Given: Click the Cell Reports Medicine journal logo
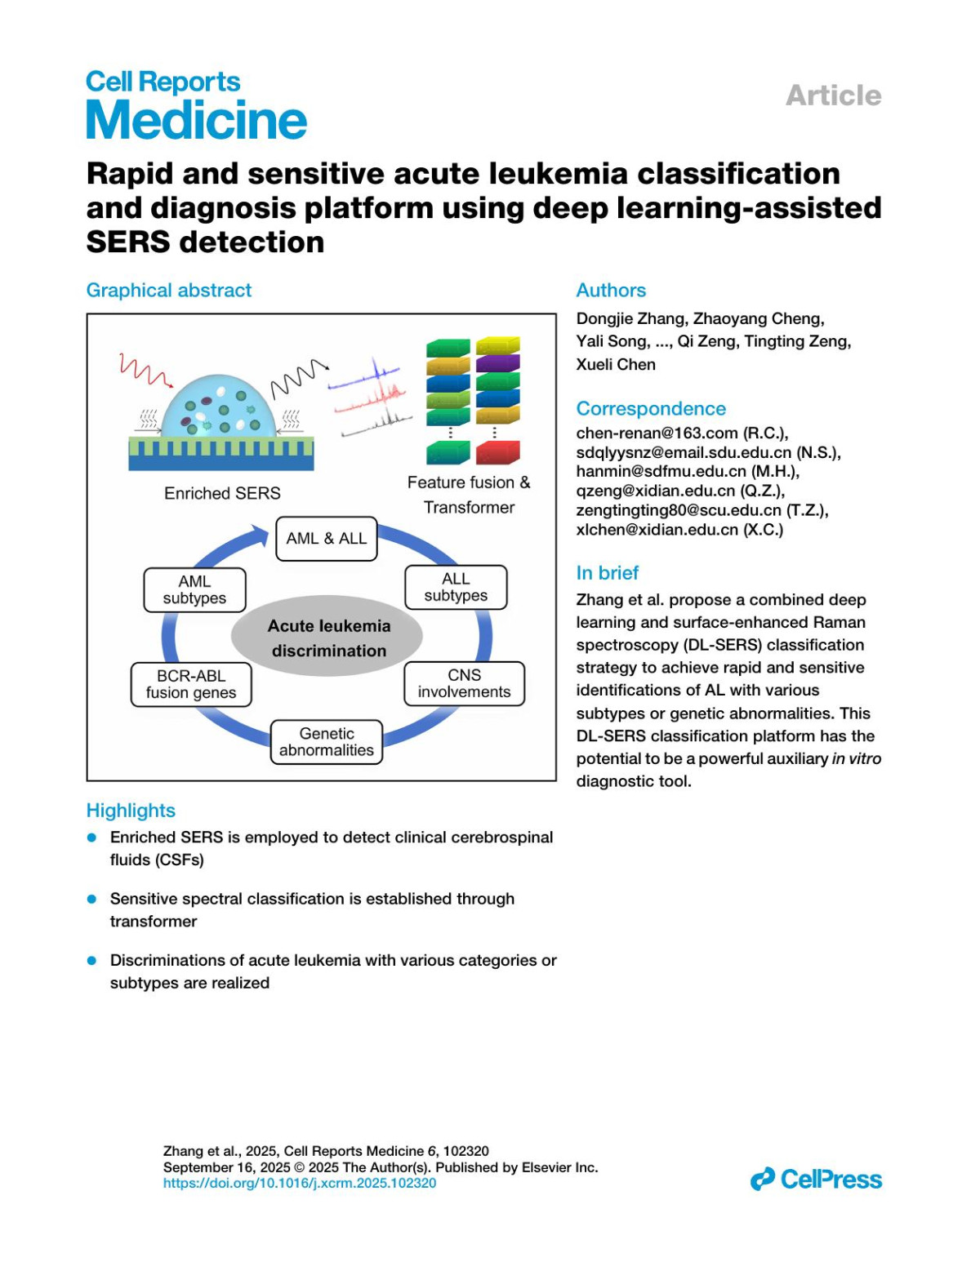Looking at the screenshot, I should (196, 105).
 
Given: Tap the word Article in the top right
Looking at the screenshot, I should (833, 96).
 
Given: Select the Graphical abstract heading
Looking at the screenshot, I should (169, 291).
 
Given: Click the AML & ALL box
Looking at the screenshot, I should (326, 539).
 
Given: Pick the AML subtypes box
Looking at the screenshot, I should (194, 589).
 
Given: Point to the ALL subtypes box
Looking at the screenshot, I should (456, 587).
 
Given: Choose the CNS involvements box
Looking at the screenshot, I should (464, 684).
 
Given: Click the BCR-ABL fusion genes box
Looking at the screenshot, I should (191, 684).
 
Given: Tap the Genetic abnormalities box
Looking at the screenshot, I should (326, 742).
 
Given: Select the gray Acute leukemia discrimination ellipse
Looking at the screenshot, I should (328, 638).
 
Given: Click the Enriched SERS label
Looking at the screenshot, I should (222, 494).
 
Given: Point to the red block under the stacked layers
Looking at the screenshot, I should (497, 452).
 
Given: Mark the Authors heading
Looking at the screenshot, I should (611, 291).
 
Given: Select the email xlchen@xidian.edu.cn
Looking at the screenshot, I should (657, 530).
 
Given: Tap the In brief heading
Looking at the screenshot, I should (608, 573).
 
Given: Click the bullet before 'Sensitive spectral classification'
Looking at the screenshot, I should (92, 899).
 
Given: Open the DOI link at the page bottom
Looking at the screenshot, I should (299, 1183).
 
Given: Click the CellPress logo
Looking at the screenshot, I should (816, 1180).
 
